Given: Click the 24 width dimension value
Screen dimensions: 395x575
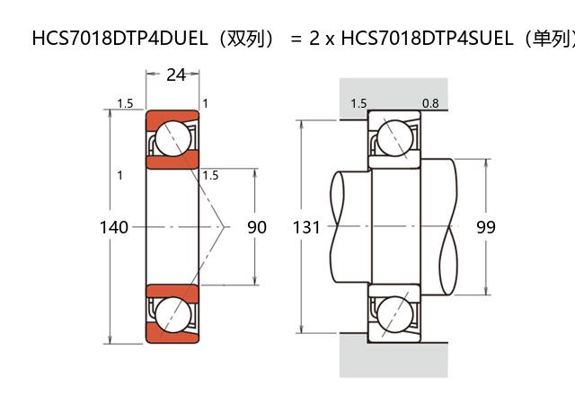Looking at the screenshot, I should tap(176, 75).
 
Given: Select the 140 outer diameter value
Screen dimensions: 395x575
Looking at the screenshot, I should tap(113, 227).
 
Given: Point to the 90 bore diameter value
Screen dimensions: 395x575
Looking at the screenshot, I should tap(257, 227).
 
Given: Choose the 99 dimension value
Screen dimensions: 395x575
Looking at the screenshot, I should tap(486, 227).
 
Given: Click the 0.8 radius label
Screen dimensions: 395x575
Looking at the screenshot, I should tap(430, 103).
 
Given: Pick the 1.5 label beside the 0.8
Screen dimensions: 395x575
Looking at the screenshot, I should tap(358, 103).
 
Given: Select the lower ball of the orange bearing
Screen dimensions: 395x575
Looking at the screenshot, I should tap(172, 314).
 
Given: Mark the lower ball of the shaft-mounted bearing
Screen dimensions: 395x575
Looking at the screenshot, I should tap(394, 314).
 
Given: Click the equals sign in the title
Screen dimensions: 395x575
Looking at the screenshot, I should tap(296, 39).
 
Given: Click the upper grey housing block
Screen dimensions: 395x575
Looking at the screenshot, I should tap(393, 97).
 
